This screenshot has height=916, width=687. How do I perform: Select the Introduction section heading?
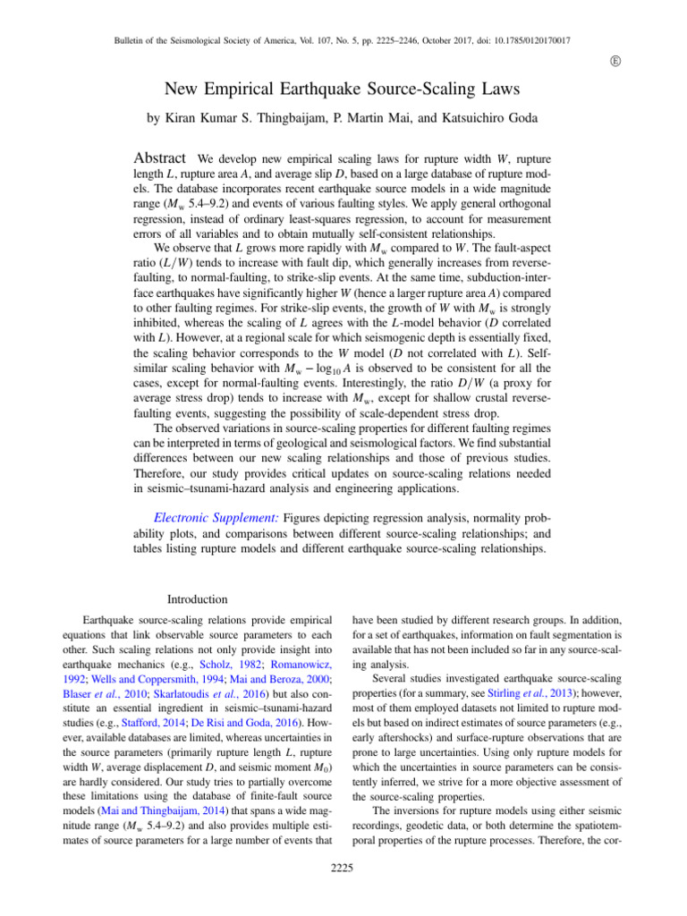[x=199, y=598]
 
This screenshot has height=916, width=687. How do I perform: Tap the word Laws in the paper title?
[x=502, y=89]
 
